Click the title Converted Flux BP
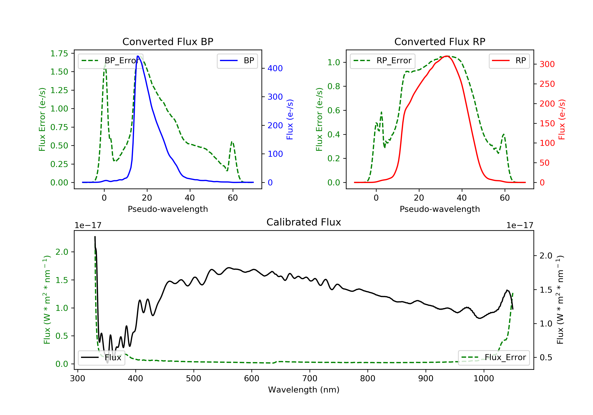pos(168,41)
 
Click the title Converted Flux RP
pos(440,41)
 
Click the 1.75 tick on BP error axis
pos(59,54)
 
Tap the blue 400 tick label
pos(275,68)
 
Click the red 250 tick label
pos(547,84)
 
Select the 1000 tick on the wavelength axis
pos(483,379)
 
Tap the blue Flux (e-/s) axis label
pos(290,119)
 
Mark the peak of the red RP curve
pos(447,56)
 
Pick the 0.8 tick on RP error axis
pos(333,86)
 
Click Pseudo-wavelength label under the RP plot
pos(440,209)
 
